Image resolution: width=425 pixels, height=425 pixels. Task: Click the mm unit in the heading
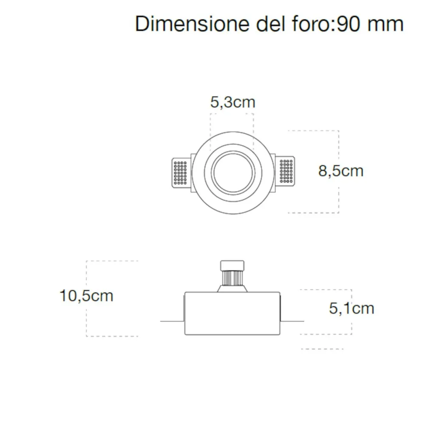tap(385, 24)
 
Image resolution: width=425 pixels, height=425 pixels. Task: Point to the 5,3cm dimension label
tap(232, 102)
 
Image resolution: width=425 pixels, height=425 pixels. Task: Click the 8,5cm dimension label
tap(341, 171)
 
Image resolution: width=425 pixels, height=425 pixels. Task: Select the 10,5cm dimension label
tap(86, 295)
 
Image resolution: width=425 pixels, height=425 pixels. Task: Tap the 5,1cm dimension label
tap(351, 308)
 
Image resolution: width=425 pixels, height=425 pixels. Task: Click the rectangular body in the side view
tap(232, 314)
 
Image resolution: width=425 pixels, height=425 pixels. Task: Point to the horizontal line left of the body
tap(172, 321)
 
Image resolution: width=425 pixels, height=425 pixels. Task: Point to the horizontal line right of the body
tap(292, 321)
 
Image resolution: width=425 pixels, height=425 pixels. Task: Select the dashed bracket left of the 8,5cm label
tap(314, 131)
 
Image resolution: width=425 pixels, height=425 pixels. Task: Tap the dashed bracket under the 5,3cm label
tap(232, 114)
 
